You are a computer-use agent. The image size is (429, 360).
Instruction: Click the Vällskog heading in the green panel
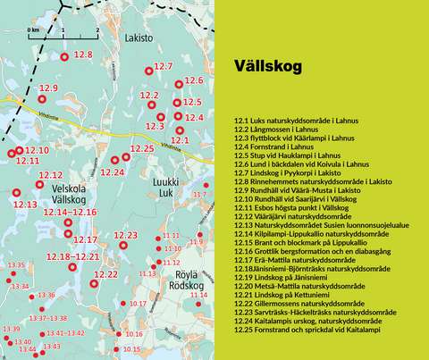[x=265, y=66]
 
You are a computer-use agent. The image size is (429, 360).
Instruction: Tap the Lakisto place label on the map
[x=153, y=39]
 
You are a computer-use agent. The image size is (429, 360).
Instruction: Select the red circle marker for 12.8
[x=64, y=57]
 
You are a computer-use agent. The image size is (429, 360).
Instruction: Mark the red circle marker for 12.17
[x=69, y=234]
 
